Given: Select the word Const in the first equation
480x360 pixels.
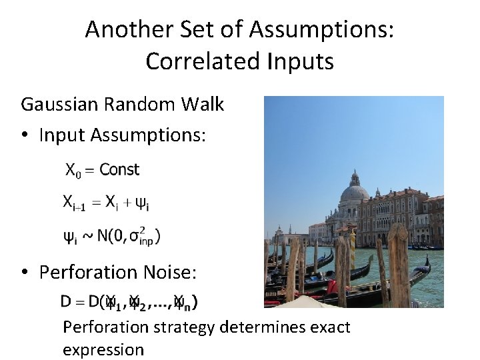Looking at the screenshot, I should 119,170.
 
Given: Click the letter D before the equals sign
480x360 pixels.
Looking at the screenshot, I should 66,301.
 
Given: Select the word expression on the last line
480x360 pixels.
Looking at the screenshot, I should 103,349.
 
